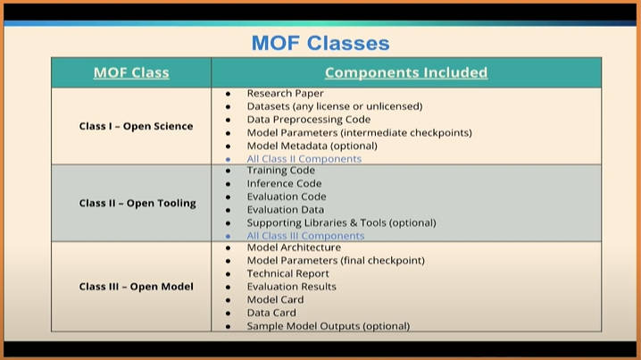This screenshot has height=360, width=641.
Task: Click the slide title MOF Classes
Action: coord(320,43)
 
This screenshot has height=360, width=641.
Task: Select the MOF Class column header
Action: coord(131,72)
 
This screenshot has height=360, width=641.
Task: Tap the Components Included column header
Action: coord(406,72)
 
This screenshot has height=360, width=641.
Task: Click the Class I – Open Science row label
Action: coord(136,126)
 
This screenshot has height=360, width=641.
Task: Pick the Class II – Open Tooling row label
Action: coord(137,203)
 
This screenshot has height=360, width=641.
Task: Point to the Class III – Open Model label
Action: coord(136,287)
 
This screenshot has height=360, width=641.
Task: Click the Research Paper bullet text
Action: coord(286,93)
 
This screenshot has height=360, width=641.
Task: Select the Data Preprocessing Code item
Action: coord(309,120)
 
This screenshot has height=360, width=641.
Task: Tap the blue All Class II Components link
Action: coord(304,159)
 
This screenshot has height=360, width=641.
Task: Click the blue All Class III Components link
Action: coord(305,236)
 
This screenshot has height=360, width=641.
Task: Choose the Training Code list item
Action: coord(281,171)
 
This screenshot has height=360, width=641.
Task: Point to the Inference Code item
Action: coord(284,183)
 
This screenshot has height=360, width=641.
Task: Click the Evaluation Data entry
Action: coord(286,209)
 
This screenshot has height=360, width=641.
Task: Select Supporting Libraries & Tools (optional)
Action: coord(341,222)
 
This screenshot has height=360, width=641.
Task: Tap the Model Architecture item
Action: coord(294,247)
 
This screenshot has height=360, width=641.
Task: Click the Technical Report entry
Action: coord(287,273)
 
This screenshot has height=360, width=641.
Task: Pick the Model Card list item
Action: coord(275,299)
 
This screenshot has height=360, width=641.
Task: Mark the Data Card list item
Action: coord(271,313)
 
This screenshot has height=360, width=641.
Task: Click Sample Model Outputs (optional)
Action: coord(329,326)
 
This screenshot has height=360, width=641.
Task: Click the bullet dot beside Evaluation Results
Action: coord(229,287)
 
